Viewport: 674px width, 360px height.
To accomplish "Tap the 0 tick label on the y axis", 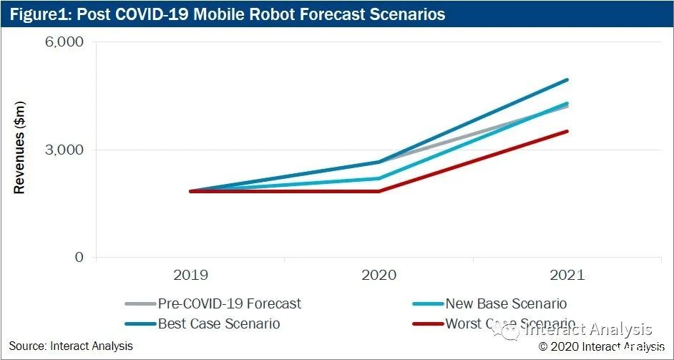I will (x=79, y=258).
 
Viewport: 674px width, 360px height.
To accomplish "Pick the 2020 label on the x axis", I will (x=378, y=275).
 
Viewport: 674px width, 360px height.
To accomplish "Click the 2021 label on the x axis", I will (x=567, y=275).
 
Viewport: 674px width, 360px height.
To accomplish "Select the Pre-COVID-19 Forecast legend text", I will (x=230, y=303).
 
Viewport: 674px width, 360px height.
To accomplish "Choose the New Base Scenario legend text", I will (x=506, y=303).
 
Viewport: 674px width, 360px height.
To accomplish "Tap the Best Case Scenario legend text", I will (x=219, y=323).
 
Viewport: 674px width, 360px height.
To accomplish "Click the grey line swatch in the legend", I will (x=140, y=303).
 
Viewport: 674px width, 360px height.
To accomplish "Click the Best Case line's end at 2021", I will (x=567, y=80).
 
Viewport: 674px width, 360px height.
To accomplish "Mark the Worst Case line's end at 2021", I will (x=567, y=131).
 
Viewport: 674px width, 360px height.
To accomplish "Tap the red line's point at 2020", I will (x=378, y=191).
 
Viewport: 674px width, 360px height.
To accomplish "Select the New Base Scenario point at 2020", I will (x=378, y=178).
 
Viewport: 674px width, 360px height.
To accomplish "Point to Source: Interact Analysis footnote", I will (x=71, y=346).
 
